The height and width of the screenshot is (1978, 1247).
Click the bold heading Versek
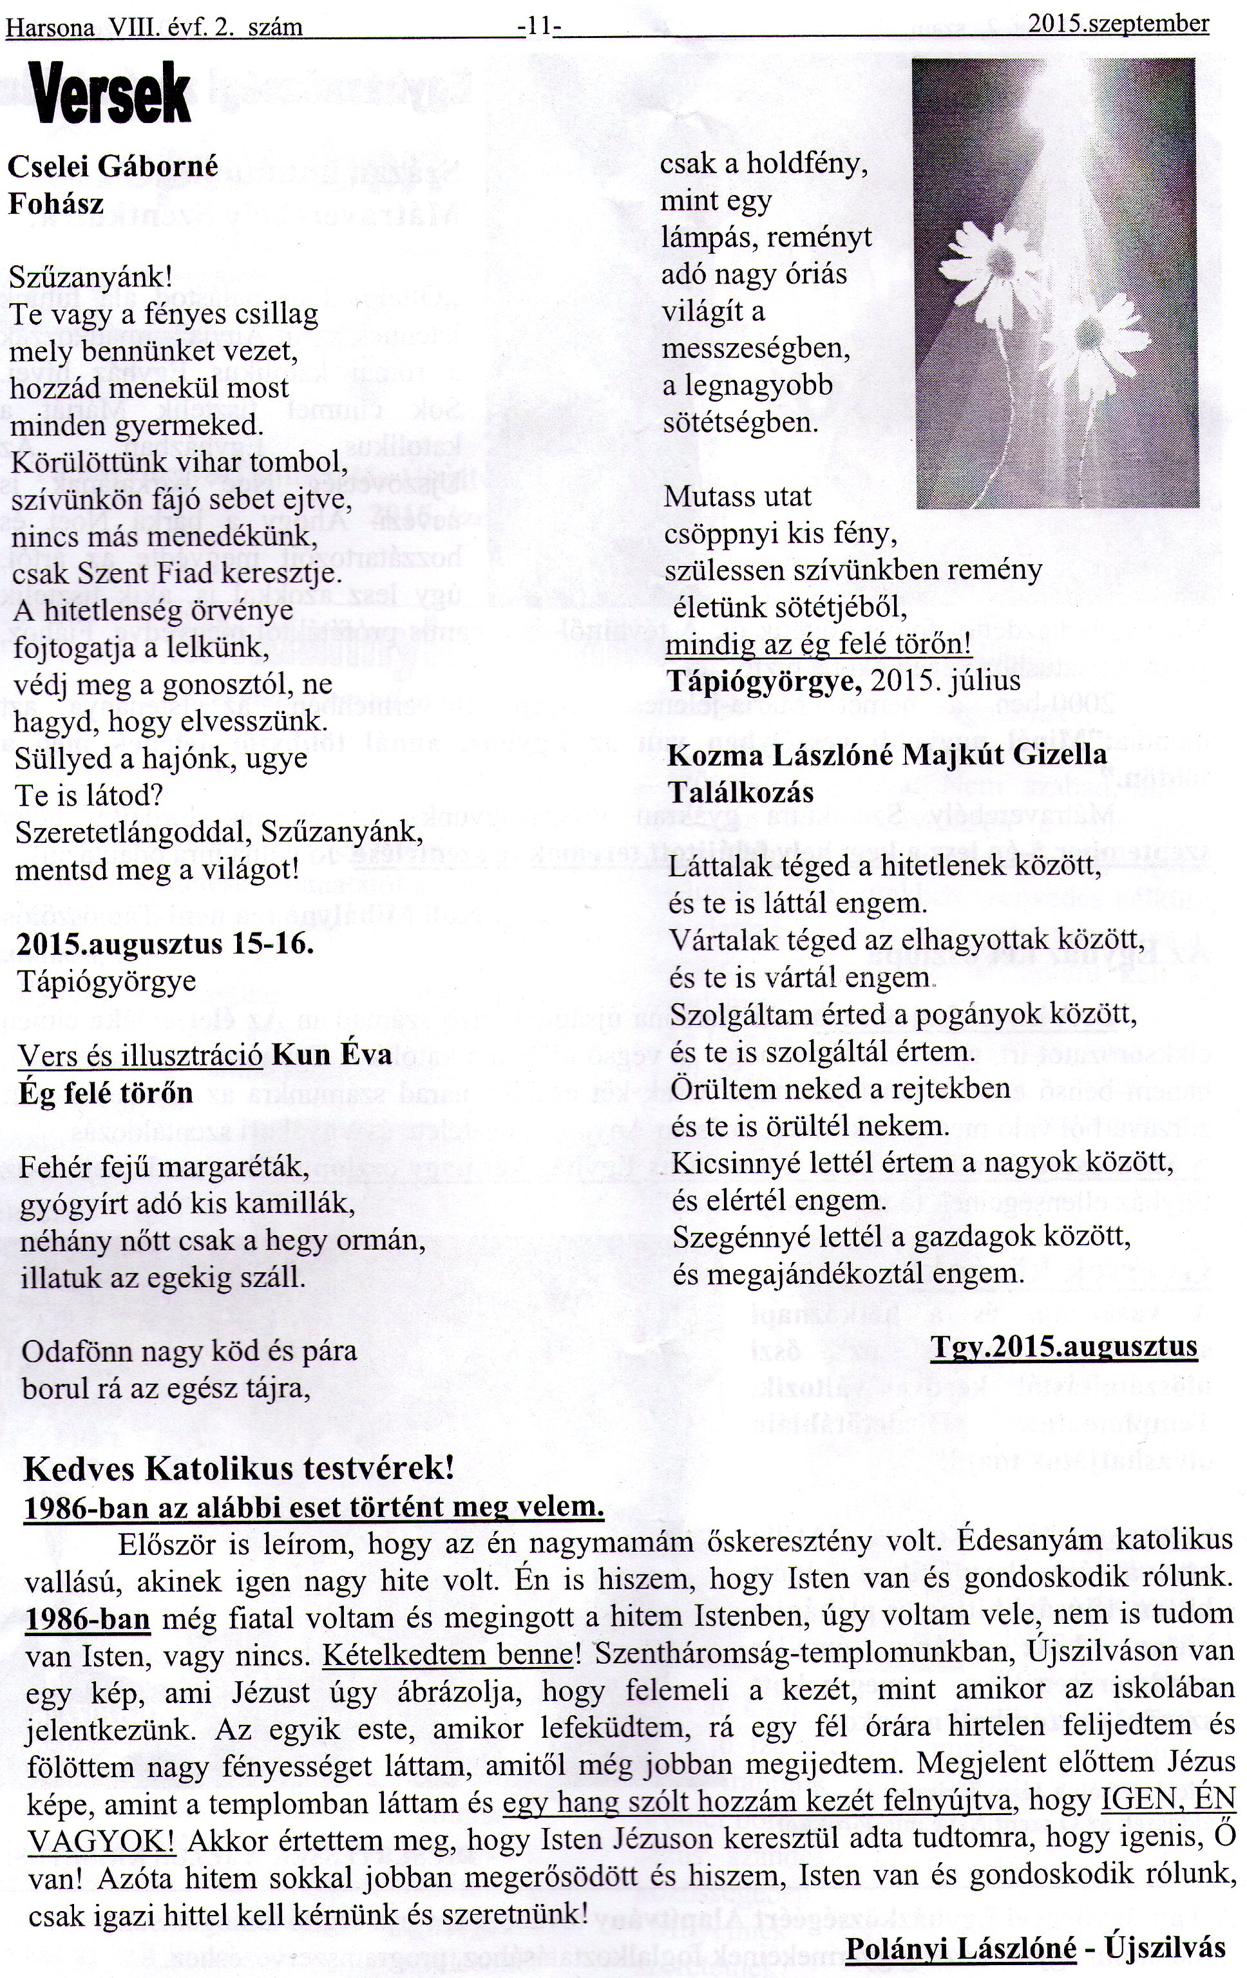(110, 96)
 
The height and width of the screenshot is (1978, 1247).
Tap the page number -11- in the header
(540, 26)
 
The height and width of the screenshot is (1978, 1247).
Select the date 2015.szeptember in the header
(1118, 24)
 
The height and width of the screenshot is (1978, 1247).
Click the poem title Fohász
(56, 203)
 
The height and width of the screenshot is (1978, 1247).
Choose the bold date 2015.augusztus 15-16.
(164, 944)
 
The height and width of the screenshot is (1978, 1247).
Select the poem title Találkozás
(741, 792)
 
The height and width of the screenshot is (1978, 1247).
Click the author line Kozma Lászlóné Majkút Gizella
(887, 755)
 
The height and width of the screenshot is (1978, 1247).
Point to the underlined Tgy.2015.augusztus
(1064, 1347)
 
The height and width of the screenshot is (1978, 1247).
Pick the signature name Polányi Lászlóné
(960, 1947)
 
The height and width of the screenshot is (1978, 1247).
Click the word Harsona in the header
(47, 28)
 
